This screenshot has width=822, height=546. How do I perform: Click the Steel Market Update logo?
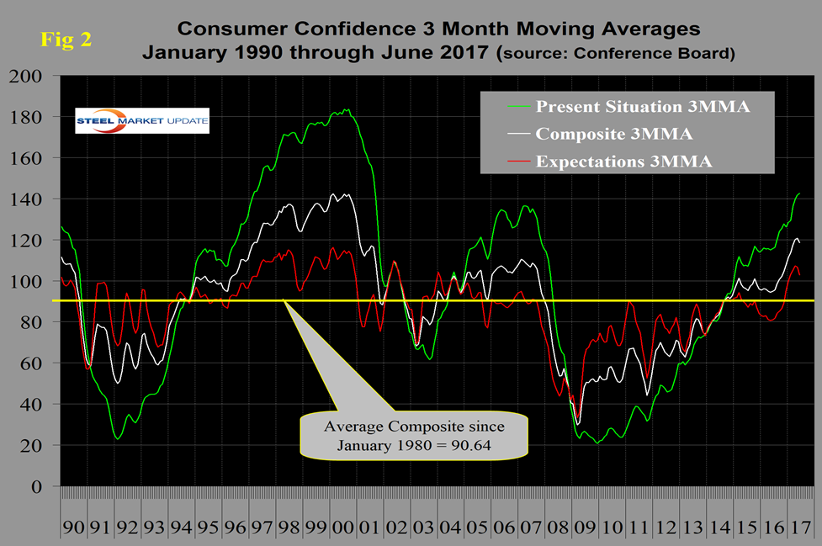coord(141,120)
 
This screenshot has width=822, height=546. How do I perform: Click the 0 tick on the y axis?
coord(37,487)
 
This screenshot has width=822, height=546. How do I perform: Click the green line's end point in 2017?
coord(798,194)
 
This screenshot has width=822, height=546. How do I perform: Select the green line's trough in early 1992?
coord(118,438)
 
